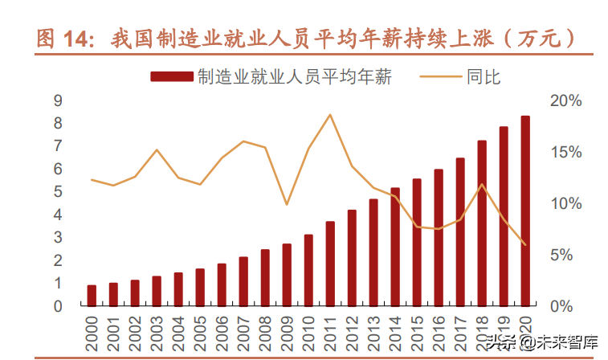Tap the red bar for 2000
pos(92,296)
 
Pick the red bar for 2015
pos(417,242)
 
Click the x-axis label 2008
pos(265,329)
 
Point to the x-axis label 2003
pos(157,329)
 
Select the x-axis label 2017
pos(460,329)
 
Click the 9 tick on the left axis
pos(57,100)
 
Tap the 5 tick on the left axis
pos(57,192)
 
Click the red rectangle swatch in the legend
pos(171,76)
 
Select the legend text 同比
pos(483,76)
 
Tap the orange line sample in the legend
pos(440,76)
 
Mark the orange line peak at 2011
pos(330,115)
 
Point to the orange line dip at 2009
pos(287,204)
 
